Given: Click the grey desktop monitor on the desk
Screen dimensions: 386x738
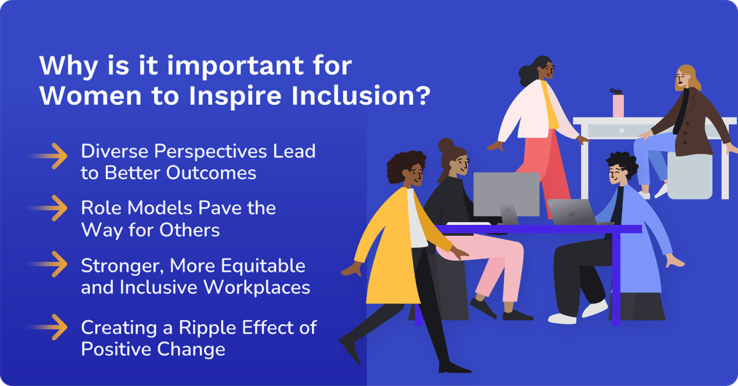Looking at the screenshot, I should [506, 194].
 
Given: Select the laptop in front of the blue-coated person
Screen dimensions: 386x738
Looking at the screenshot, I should [572, 212].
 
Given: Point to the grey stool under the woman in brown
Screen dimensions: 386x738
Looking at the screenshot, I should [689, 175].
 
